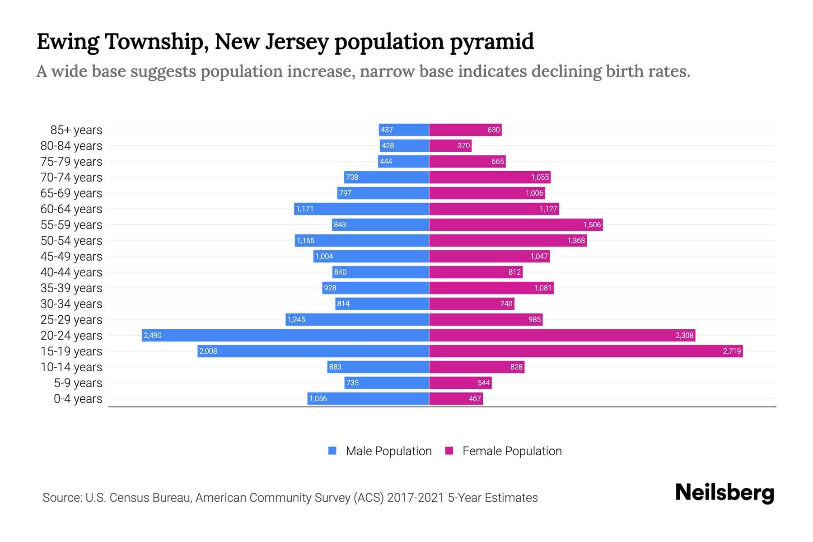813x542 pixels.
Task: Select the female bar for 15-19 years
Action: point(585,351)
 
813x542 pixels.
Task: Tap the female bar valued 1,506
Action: point(515,224)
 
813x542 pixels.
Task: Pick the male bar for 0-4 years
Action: point(368,398)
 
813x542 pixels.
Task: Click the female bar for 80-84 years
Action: point(450,145)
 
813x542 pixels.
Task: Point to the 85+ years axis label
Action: point(76,130)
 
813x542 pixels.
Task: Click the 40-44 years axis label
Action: point(71,272)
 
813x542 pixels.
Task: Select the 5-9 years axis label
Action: point(78,383)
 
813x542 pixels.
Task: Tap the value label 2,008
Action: point(208,351)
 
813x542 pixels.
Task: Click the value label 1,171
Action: point(304,209)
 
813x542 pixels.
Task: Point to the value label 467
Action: point(475,398)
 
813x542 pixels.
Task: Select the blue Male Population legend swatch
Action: point(332,451)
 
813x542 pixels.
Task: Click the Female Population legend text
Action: point(512,451)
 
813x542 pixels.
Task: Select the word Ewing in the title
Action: point(68,42)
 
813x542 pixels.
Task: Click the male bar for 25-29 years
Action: point(357,319)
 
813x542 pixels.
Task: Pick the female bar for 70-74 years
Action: point(490,177)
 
